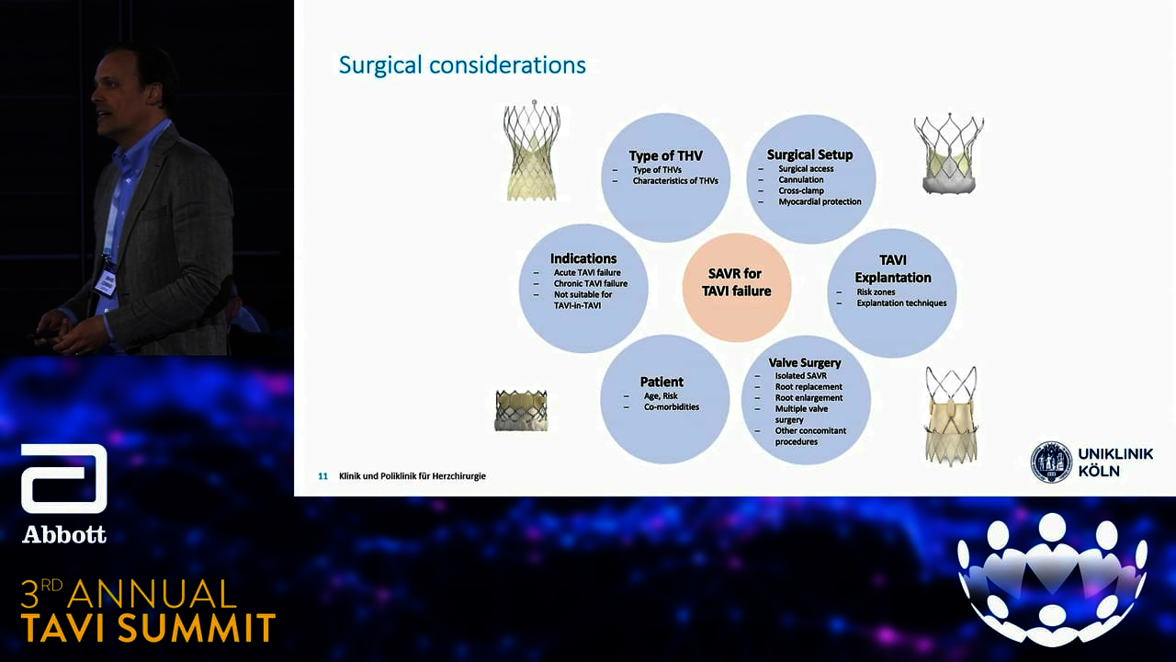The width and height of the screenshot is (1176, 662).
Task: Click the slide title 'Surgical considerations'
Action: pos(462,65)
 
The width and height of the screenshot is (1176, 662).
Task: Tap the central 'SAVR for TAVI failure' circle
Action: pos(737,288)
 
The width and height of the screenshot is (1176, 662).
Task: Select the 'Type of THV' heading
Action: pos(666,156)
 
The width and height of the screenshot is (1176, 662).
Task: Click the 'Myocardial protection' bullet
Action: pos(820,201)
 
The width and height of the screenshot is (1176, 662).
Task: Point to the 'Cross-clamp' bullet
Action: pos(801,190)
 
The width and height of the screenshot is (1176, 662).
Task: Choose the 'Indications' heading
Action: pos(583,258)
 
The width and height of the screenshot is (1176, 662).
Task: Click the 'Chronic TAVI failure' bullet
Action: pos(591,284)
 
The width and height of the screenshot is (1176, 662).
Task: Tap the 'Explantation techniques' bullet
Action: pos(901,303)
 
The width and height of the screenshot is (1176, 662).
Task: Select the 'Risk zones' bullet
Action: pos(876,292)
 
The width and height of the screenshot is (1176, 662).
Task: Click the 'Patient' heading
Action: pos(661,382)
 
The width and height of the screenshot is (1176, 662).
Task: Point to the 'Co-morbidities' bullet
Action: pos(672,407)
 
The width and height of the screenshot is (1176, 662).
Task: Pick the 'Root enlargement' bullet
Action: pos(808,398)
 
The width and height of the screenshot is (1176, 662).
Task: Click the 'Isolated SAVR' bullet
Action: pos(800,376)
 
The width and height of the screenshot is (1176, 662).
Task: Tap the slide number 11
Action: pos(322,476)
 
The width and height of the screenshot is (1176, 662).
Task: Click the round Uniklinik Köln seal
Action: pos(1051,462)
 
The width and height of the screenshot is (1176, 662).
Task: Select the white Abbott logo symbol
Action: pos(64,479)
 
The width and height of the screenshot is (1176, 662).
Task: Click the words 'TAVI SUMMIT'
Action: pos(149,627)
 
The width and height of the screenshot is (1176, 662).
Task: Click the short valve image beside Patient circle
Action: pos(521,410)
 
